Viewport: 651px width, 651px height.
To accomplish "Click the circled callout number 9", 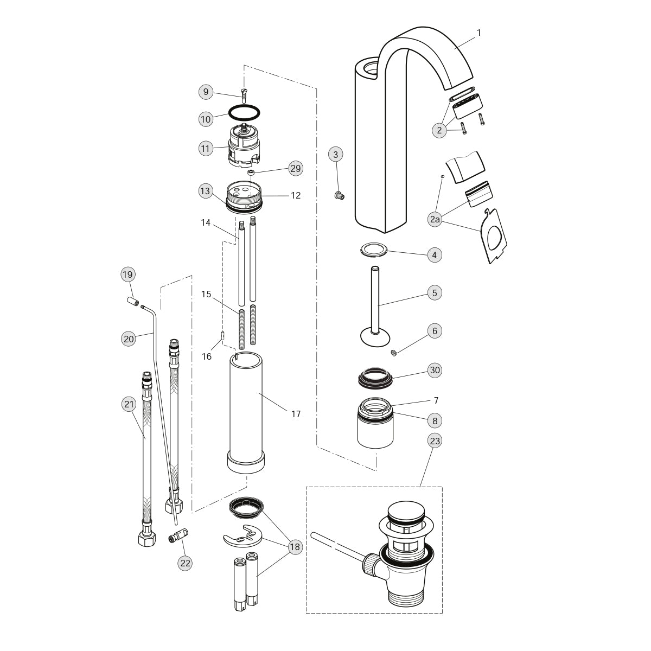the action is point(206,92).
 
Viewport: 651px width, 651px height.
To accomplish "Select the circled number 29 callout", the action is point(296,168).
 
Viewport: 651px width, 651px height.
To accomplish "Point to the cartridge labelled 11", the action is point(244,145).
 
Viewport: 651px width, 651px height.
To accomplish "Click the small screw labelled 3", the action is point(339,195).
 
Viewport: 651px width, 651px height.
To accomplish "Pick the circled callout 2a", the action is point(435,220).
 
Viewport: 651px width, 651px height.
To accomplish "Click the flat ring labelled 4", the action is point(374,250).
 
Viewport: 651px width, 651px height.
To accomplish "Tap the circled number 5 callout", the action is point(435,292).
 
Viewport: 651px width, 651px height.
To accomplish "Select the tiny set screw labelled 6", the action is point(393,353).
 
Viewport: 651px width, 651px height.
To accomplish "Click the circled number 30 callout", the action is point(435,370).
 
